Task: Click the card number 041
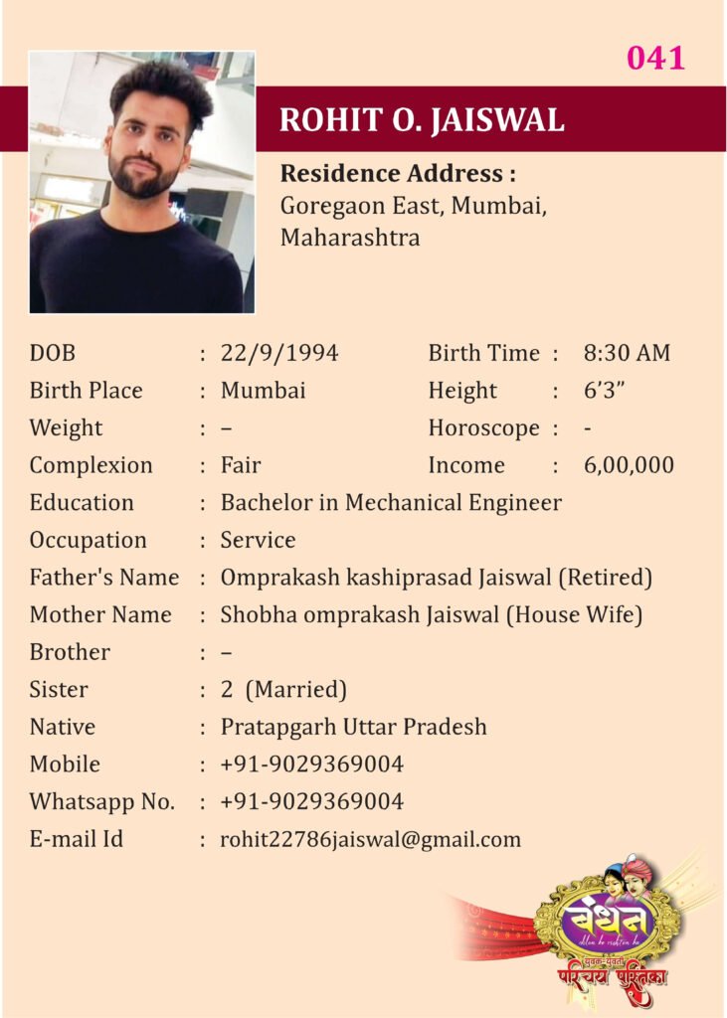click(x=655, y=59)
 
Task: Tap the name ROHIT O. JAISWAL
click(x=422, y=119)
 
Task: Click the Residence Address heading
click(x=397, y=174)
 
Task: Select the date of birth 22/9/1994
click(x=279, y=353)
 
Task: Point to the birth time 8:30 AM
click(x=627, y=353)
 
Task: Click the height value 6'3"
click(x=604, y=391)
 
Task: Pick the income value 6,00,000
click(x=629, y=465)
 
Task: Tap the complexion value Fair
click(x=241, y=465)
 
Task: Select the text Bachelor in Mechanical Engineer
click(x=391, y=503)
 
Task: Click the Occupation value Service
click(x=258, y=541)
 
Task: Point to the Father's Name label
click(x=104, y=578)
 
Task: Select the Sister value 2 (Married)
click(x=283, y=690)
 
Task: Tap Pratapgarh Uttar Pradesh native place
click(x=353, y=728)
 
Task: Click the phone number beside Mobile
click(x=311, y=764)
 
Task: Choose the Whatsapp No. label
click(x=101, y=802)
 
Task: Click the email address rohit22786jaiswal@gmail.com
click(x=370, y=840)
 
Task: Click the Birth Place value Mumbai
click(x=263, y=391)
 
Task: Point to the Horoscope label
click(x=483, y=428)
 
